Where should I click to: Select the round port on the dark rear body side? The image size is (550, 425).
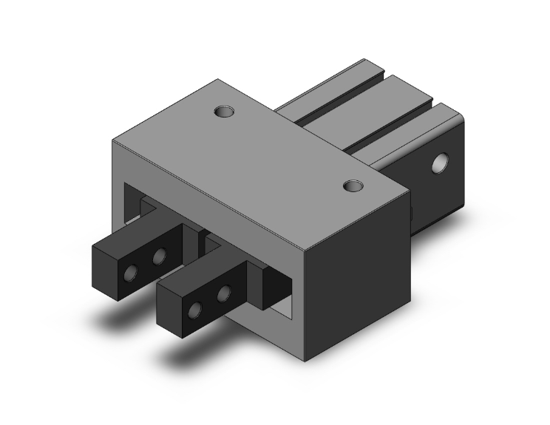point(442,163)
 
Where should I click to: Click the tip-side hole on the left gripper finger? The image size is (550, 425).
point(131,273)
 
